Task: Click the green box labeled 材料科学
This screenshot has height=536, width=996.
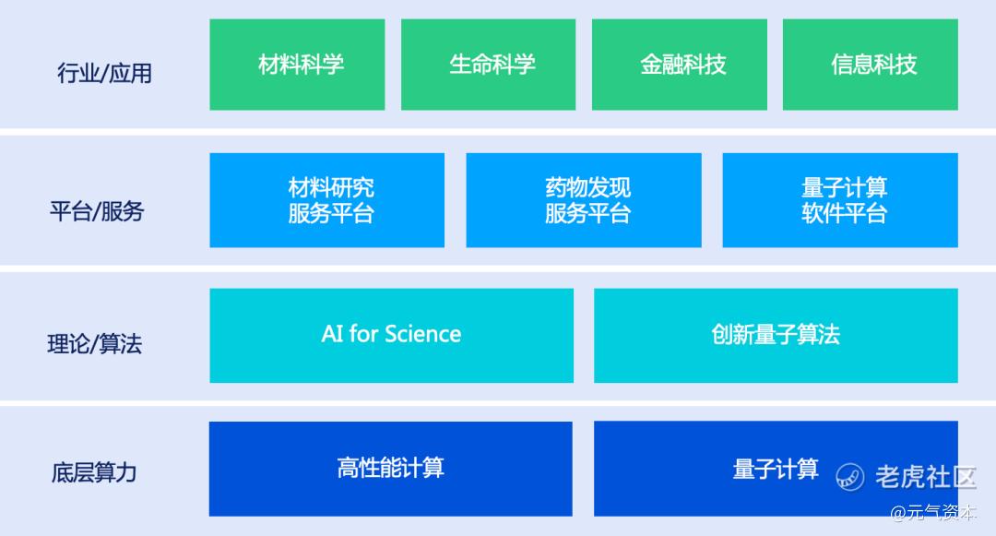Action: (x=297, y=65)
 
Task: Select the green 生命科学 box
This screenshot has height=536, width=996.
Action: (x=489, y=65)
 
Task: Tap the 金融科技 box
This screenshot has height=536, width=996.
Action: (x=680, y=65)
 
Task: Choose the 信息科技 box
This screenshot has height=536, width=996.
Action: (x=871, y=65)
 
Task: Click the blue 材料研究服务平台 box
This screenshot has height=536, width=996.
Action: (x=327, y=200)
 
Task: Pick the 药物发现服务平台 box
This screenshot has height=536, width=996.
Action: (x=584, y=200)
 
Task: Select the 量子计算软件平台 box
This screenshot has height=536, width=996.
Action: (x=840, y=200)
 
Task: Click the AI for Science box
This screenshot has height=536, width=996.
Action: (x=391, y=335)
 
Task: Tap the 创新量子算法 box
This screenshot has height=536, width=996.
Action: (x=777, y=335)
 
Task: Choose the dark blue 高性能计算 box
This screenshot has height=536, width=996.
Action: (x=391, y=469)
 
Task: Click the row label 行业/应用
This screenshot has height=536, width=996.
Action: (x=105, y=73)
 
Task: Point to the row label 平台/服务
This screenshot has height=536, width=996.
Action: (x=97, y=211)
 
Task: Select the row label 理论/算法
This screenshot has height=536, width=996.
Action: (x=95, y=343)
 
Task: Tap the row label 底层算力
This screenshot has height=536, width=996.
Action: (x=94, y=472)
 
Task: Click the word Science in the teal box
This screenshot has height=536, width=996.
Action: (x=423, y=334)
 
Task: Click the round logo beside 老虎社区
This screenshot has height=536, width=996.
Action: (x=850, y=477)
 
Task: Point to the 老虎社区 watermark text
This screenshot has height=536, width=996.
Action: (x=926, y=477)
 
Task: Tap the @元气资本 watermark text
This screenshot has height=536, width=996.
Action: (x=932, y=513)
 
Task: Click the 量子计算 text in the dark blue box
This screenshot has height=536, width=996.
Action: (x=776, y=470)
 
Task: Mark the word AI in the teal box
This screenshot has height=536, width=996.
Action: (x=332, y=334)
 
